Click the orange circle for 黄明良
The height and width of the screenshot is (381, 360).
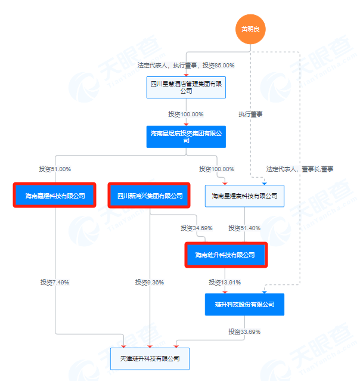click(x=250, y=29)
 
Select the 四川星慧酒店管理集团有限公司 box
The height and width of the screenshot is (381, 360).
click(x=185, y=86)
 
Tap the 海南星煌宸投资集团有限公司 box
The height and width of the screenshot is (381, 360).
click(x=185, y=137)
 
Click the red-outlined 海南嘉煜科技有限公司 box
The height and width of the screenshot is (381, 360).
click(x=55, y=195)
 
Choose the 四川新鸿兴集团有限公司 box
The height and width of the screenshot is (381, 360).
click(x=149, y=195)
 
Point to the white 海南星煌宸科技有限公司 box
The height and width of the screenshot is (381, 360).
click(x=244, y=195)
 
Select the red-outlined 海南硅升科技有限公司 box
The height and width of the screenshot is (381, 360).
click(x=225, y=255)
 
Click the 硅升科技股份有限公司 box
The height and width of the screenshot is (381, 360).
click(x=244, y=304)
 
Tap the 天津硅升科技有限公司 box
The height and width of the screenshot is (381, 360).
click(x=150, y=358)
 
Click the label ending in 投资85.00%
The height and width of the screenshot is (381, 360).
click(x=185, y=65)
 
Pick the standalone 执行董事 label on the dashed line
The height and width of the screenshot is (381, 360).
click(x=250, y=114)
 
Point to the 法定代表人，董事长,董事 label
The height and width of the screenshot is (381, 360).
click(x=299, y=169)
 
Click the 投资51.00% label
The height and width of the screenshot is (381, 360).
click(x=55, y=169)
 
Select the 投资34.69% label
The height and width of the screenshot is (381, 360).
click(x=197, y=228)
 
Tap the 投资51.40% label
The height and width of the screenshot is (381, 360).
click(x=245, y=228)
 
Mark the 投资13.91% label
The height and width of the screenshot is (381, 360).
click(x=225, y=282)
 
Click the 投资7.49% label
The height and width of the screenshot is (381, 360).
click(x=55, y=282)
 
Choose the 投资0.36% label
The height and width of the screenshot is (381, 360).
click(x=149, y=282)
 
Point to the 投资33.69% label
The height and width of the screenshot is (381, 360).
click(x=244, y=332)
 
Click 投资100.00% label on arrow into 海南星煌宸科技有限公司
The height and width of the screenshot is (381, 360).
click(x=217, y=169)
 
